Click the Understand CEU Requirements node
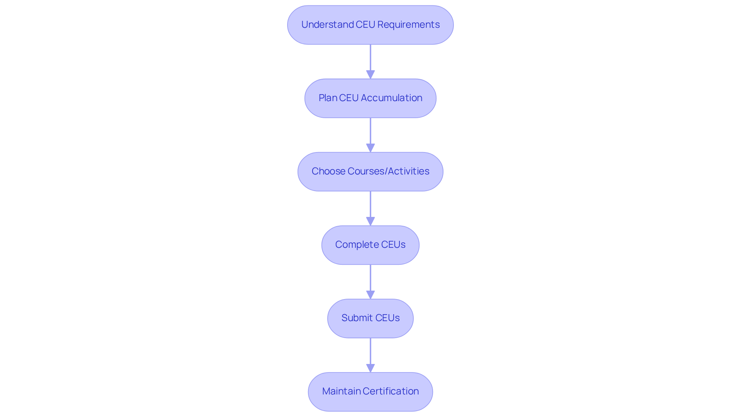370,25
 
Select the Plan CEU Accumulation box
370,98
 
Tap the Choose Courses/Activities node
370,171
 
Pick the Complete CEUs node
370,245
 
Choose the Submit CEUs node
370,318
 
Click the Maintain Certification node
370,391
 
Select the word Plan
328,98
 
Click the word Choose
328,171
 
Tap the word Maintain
341,391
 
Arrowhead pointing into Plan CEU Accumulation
370,74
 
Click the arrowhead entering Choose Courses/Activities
370,148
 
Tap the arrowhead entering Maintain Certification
370,368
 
